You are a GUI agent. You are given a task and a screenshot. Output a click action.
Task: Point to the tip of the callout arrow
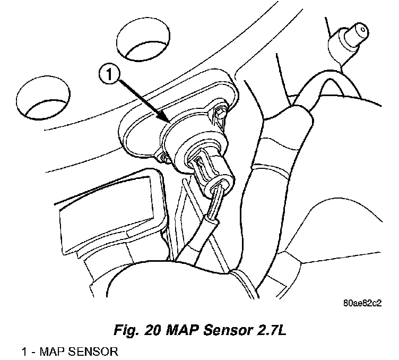[169, 122]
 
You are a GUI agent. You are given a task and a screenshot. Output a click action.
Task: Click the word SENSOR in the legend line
[89, 352]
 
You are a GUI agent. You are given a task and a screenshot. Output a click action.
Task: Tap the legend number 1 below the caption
[25, 352]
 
